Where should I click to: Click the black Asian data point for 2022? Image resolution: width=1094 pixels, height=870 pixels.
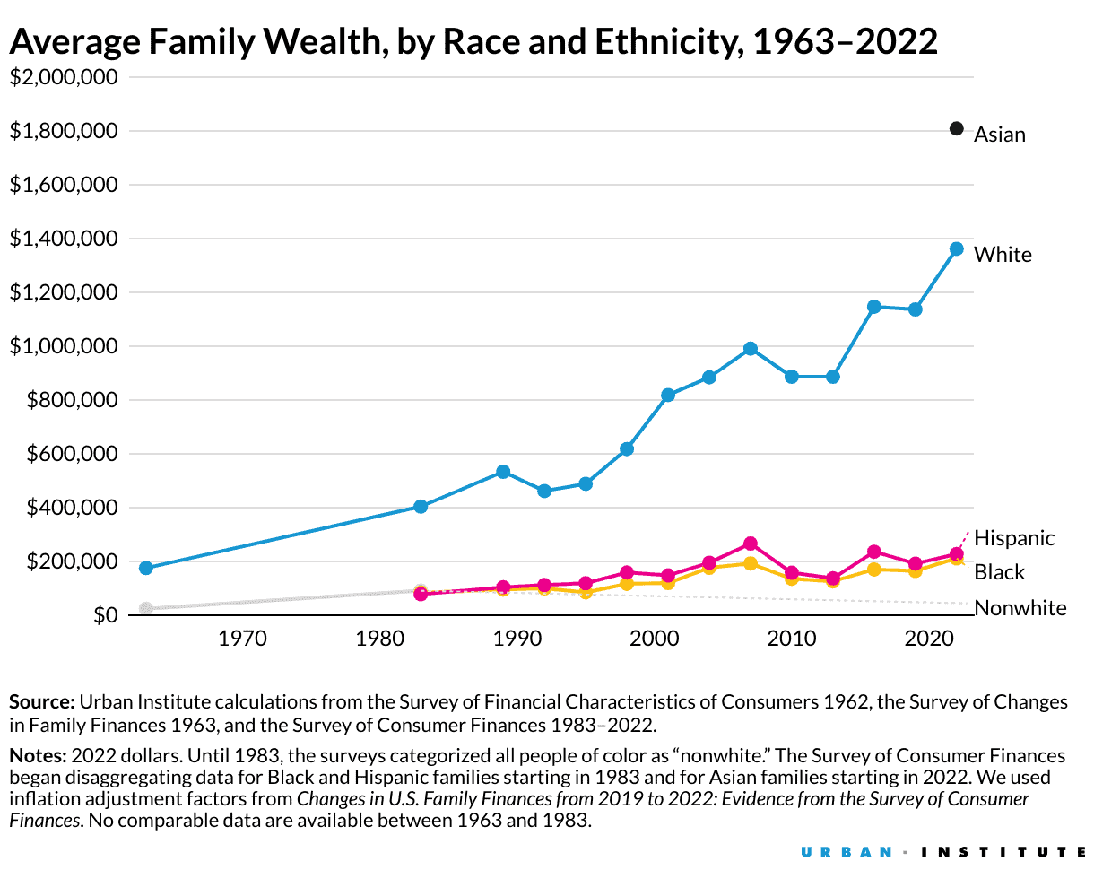[x=956, y=129]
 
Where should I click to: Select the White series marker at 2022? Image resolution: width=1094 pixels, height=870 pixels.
[x=956, y=248]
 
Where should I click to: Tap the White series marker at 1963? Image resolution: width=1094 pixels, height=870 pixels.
[x=146, y=568]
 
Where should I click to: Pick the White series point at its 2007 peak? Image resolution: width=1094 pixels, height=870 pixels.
[x=751, y=348]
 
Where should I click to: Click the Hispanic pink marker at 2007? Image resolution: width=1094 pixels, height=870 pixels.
[x=751, y=544]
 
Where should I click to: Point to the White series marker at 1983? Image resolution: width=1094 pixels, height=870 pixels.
[x=421, y=506]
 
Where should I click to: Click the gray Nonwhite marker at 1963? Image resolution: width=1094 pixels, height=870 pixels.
[x=146, y=608]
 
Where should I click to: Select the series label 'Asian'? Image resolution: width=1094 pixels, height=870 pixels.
[x=999, y=135]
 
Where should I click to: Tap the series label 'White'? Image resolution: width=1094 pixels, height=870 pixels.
[x=1003, y=255]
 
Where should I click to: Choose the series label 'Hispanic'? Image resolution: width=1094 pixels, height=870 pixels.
[x=1014, y=538]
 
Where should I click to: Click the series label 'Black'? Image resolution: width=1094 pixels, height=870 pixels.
[x=999, y=572]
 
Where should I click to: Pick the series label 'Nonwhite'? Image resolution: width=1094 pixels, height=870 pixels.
[x=1020, y=608]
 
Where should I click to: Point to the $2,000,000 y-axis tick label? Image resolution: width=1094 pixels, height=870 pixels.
[x=63, y=77]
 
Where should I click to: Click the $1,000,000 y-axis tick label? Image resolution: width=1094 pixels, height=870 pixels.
[x=63, y=346]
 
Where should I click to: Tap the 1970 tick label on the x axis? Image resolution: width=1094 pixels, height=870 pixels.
[x=242, y=639]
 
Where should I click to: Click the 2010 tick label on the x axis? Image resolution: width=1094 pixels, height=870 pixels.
[x=791, y=639]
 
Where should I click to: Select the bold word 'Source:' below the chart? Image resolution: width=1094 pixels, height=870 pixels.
[x=41, y=701]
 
